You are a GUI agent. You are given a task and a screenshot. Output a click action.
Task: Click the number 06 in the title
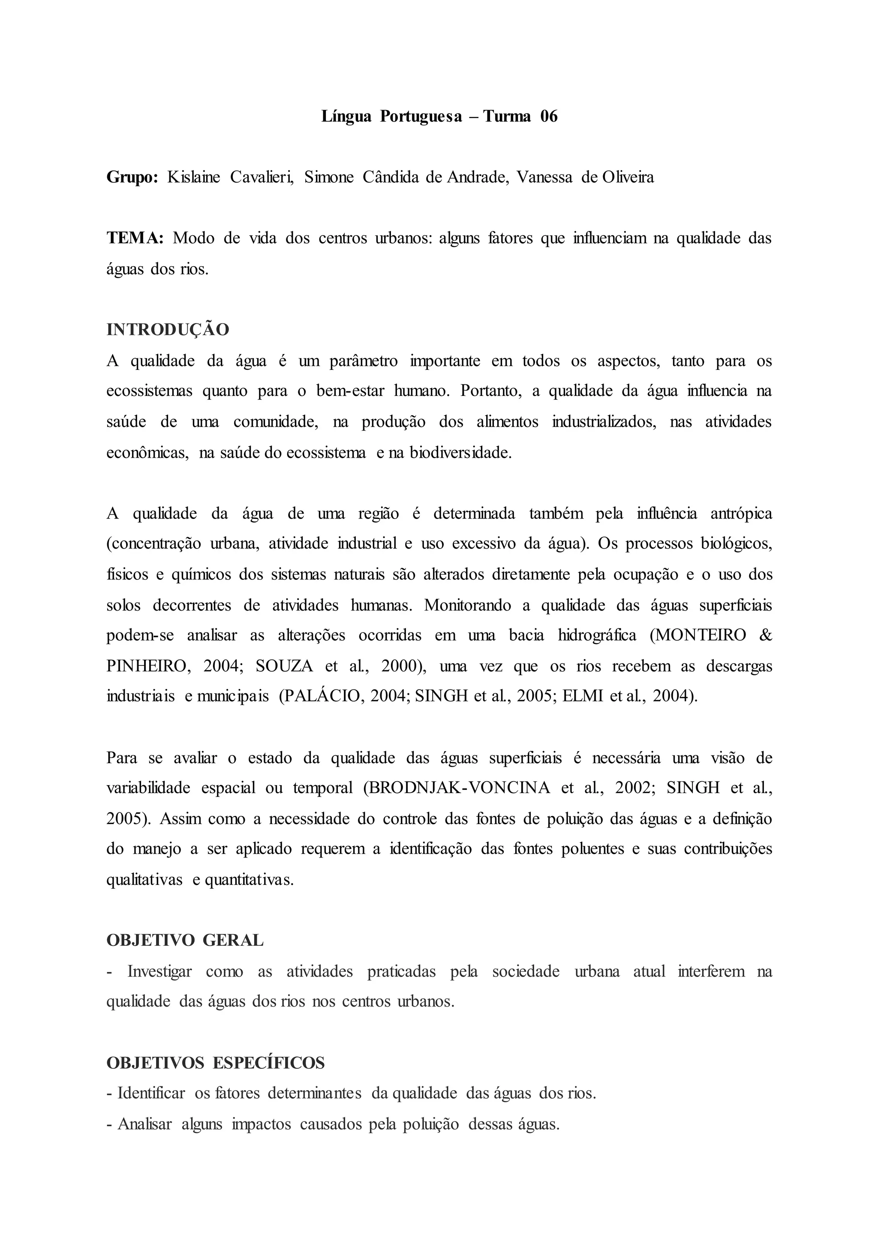[x=548, y=116]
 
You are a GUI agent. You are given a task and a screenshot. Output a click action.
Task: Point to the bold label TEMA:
[x=135, y=238]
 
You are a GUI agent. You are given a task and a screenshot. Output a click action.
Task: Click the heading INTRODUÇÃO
[x=168, y=330]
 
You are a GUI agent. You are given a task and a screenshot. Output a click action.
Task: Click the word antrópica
[x=741, y=513]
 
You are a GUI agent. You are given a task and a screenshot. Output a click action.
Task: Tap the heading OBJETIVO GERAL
[x=185, y=941]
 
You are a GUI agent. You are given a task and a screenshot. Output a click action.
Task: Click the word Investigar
[x=159, y=971]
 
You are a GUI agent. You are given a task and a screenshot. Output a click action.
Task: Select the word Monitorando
[x=467, y=605]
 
